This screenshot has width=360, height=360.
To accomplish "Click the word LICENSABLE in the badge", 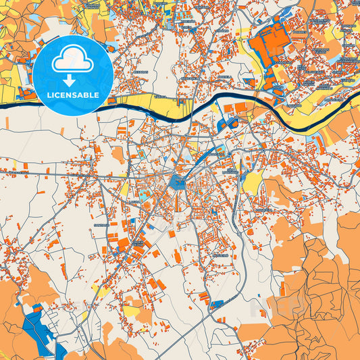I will (x=72, y=95).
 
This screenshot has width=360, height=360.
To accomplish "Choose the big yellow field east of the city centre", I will (x=253, y=181).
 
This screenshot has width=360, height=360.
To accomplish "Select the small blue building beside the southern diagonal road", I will (x=217, y=304).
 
